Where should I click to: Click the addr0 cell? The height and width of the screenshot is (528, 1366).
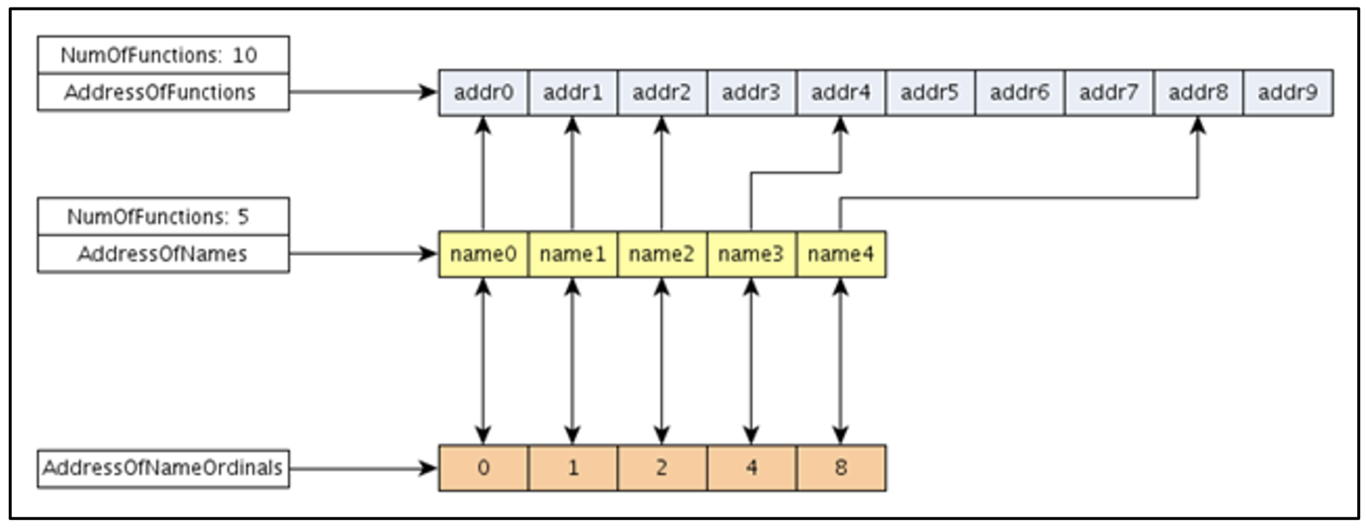tap(483, 93)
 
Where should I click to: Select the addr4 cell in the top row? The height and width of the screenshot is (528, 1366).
tap(841, 93)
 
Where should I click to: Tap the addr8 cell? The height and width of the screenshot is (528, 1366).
tap(1198, 93)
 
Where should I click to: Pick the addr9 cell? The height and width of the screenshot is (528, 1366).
tap(1287, 93)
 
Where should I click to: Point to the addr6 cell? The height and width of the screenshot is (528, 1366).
tap(1019, 93)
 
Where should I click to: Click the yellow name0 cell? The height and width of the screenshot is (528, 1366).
tap(483, 254)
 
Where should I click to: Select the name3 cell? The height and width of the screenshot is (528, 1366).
tap(751, 254)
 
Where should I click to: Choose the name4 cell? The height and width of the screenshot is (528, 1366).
tap(841, 254)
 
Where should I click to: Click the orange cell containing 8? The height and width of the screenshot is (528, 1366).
tap(841, 468)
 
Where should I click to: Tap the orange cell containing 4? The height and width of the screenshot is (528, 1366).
tap(751, 468)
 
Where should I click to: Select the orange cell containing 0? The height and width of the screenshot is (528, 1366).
tap(483, 468)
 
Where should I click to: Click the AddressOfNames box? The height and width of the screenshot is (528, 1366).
tap(163, 254)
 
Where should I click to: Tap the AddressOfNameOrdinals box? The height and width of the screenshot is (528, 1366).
tap(163, 468)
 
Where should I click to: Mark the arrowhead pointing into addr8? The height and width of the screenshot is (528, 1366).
tap(1198, 126)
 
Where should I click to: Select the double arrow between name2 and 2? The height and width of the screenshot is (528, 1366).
tap(662, 360)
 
